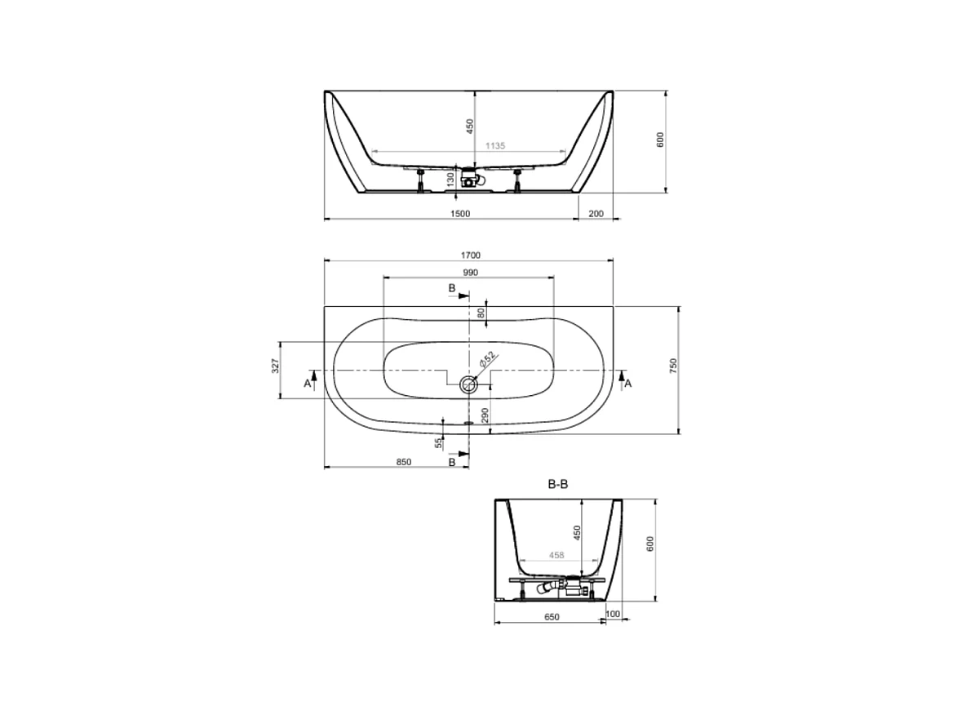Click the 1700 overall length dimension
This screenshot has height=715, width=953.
point(469,255)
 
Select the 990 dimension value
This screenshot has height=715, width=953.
point(469,272)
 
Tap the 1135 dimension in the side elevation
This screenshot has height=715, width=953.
point(495,145)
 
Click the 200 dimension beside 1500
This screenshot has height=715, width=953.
point(595,213)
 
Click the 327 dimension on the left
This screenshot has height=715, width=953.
point(275,366)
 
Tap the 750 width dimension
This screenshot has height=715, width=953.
point(673,366)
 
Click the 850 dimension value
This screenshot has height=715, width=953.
point(403,462)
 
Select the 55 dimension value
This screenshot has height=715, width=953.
point(438,442)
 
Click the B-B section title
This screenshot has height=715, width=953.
point(557,484)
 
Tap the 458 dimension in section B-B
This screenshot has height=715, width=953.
point(557,555)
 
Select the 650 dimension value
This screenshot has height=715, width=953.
point(552,617)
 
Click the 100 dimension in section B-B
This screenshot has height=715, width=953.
point(613,614)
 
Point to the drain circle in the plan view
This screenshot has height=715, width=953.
point(468,384)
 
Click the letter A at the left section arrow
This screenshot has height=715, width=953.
point(308,384)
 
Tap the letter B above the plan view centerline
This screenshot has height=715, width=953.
point(452,288)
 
